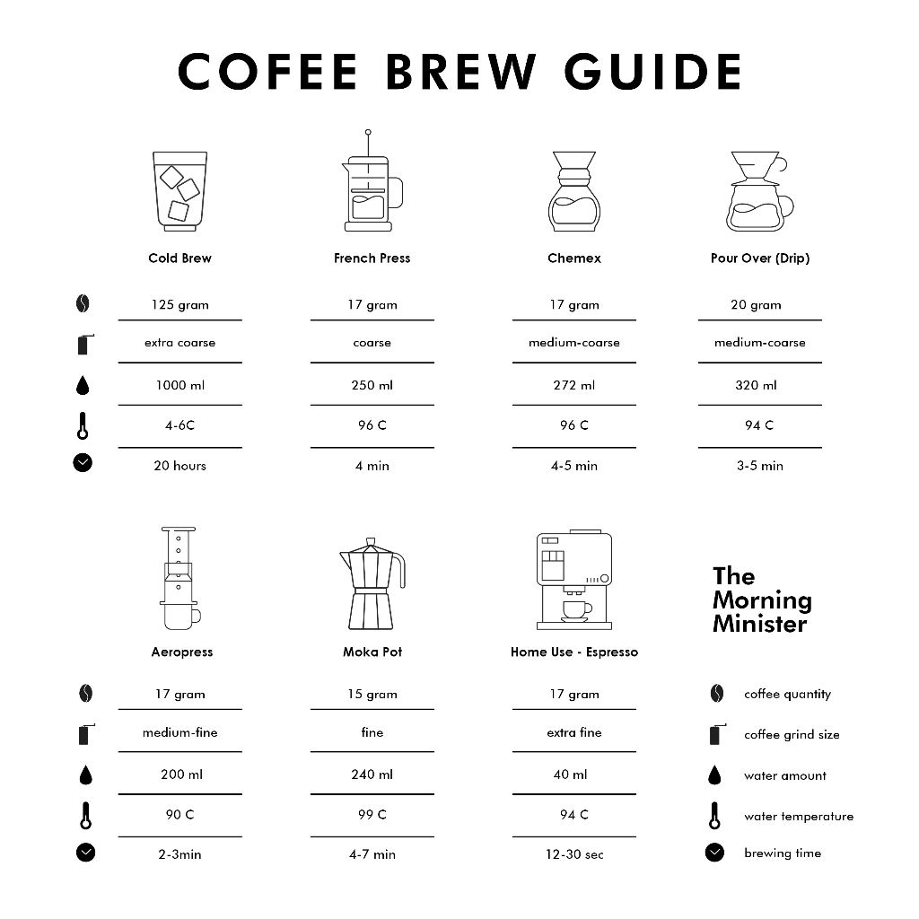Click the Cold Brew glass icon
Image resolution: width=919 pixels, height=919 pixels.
pos(179,191)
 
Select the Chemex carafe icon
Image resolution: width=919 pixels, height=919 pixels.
pos(573,191)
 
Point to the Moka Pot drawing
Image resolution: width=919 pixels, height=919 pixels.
pos(372,585)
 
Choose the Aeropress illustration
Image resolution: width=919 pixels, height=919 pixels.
pos(180,580)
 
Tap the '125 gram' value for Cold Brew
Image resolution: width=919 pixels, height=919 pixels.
pos(179,305)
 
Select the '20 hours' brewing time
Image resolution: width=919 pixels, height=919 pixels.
pos(179,466)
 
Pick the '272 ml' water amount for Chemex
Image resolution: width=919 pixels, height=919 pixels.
pos(574,386)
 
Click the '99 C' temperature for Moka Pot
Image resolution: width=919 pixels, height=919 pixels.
pos(372,815)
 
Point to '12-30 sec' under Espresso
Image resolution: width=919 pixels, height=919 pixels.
pos(574,854)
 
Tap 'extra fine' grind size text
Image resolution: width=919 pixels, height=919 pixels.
pos(574,733)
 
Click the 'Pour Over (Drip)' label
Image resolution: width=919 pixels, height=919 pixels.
pos(760,258)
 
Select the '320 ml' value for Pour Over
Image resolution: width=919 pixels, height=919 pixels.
pos(757,386)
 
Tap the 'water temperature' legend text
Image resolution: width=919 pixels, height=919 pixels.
pos(799,817)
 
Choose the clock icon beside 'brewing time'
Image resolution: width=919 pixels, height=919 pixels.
pos(714,853)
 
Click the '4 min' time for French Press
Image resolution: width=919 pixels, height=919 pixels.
pos(372,466)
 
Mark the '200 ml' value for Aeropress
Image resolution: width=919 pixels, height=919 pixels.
pos(179,775)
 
